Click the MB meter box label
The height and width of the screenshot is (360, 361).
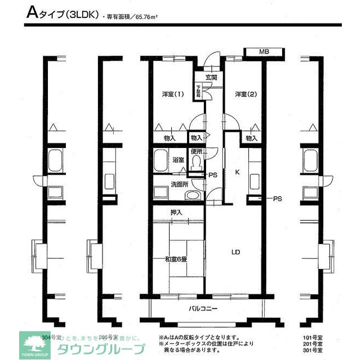click(263, 52)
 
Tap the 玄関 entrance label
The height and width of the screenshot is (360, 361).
click(211, 77)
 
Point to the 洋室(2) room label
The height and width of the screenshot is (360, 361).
click(246, 94)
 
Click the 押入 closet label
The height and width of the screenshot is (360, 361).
click(176, 212)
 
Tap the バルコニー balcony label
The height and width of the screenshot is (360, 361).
click(203, 309)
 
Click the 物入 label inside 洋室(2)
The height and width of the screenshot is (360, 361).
click(251, 138)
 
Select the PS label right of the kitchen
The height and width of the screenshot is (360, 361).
click(277, 199)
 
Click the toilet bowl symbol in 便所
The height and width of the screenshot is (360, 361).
click(196, 162)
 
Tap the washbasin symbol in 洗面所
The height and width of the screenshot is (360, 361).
click(193, 195)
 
